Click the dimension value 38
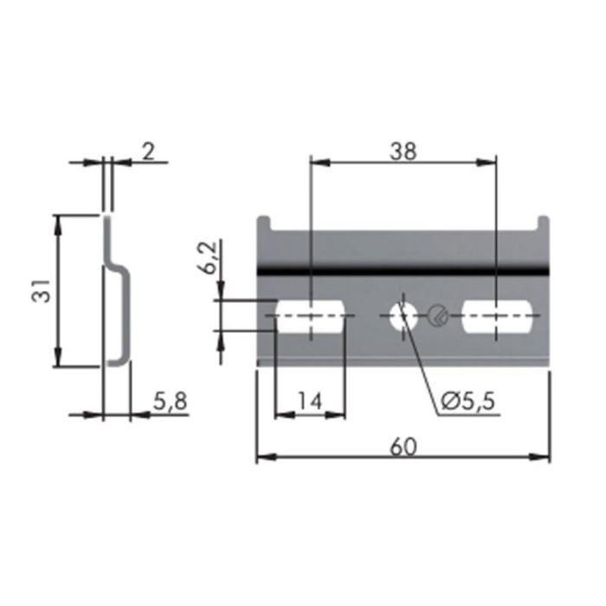(x=403, y=151)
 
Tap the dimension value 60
(x=403, y=447)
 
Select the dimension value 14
(x=309, y=402)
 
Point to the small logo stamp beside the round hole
(x=439, y=316)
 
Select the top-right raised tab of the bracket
(x=543, y=223)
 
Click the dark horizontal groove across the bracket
(x=403, y=271)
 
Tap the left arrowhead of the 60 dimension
(x=262, y=457)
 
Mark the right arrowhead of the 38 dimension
(x=491, y=161)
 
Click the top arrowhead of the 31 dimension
(x=58, y=222)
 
